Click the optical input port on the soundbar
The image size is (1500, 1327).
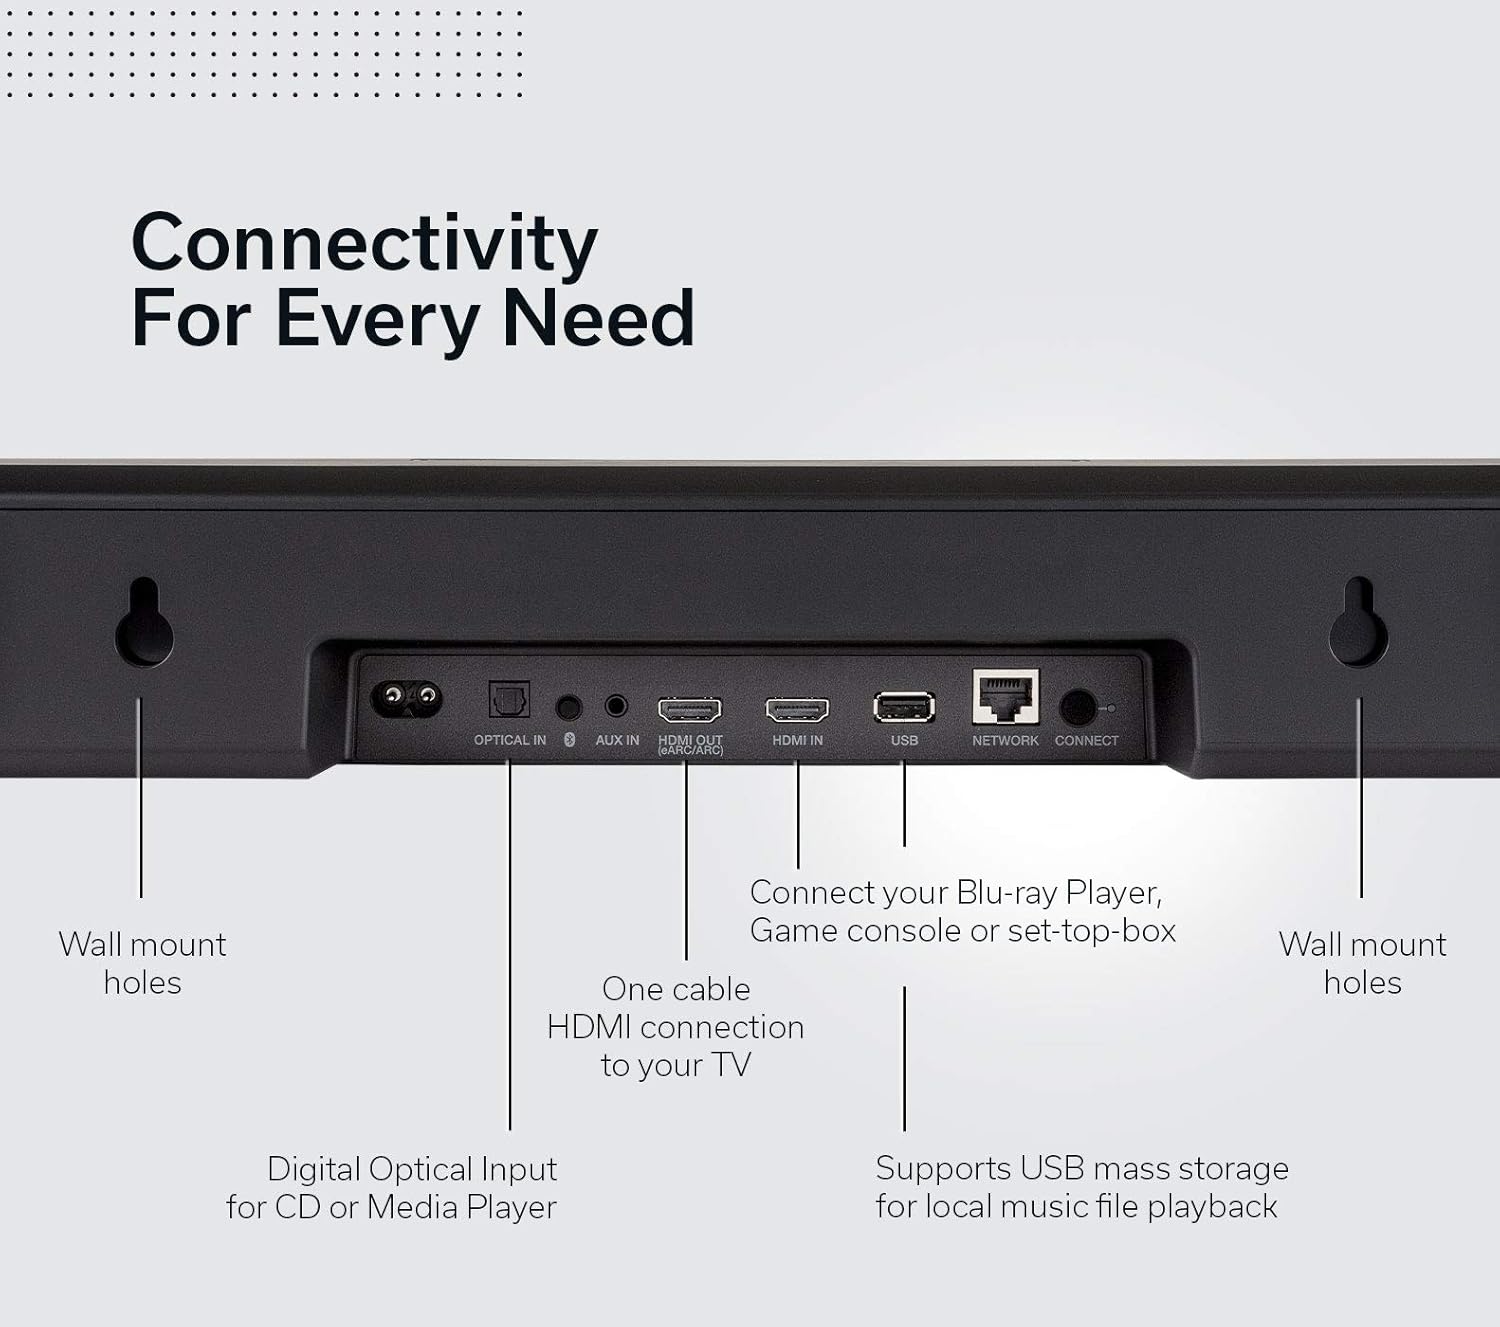click(509, 699)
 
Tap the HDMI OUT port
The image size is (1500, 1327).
click(689, 710)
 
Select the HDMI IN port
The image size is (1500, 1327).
click(797, 710)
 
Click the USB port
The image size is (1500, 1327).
click(904, 708)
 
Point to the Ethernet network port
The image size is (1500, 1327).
click(1005, 697)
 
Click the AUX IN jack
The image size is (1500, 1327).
click(617, 707)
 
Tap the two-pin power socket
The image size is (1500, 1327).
click(406, 696)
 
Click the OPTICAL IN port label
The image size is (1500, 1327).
click(510, 741)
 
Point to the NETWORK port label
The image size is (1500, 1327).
click(1005, 741)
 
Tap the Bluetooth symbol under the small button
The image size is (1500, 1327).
click(569, 740)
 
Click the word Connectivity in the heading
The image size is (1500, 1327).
click(364, 243)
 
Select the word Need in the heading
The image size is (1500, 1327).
click(598, 318)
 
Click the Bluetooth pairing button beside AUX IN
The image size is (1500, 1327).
click(569, 708)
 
